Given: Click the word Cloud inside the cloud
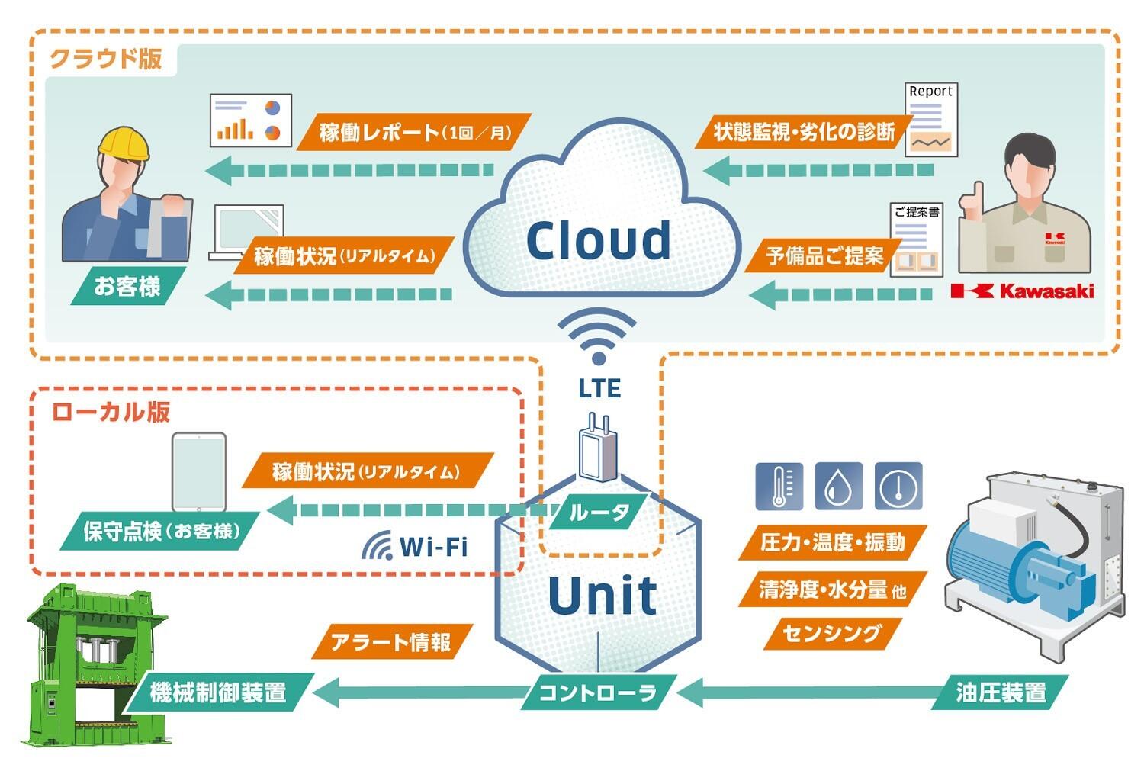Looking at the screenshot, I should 599,240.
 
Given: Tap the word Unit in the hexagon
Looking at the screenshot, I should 602,596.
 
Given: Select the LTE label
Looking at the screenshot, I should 599,388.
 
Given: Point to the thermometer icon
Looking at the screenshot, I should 779,486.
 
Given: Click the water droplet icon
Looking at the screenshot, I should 839,486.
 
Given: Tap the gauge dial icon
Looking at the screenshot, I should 898,486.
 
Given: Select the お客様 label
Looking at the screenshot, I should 127,286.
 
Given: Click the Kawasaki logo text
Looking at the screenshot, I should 1023,291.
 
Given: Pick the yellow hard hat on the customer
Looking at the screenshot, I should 123,143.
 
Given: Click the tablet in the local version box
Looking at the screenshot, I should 199,472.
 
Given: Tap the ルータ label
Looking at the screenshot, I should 599,512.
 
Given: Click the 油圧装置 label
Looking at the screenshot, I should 1001,692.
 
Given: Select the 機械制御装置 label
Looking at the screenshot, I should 218,692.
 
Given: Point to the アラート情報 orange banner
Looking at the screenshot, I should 391,642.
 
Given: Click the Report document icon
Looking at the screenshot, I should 930,120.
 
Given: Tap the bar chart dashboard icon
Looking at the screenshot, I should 251,120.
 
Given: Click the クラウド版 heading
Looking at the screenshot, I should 106,59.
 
